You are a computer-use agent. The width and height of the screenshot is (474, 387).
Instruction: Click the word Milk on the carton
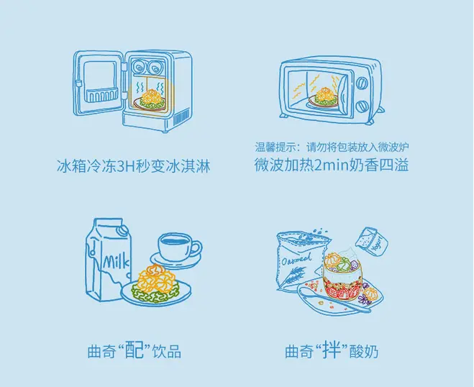[116, 262]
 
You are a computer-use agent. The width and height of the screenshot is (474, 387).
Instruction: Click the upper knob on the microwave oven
[362, 83]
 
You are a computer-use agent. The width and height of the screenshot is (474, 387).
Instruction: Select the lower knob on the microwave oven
[362, 106]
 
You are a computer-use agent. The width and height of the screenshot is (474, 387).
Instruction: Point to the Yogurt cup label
[376, 243]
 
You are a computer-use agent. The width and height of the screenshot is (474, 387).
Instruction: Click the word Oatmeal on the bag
[297, 259]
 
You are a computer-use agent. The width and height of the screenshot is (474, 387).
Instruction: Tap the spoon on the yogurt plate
[332, 299]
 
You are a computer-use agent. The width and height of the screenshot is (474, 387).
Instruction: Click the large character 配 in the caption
[134, 350]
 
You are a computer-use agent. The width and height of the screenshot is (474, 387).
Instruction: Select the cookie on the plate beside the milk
[156, 283]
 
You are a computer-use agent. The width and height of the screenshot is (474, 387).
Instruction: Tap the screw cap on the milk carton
[123, 230]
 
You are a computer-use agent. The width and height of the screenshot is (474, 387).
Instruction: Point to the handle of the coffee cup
[196, 248]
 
